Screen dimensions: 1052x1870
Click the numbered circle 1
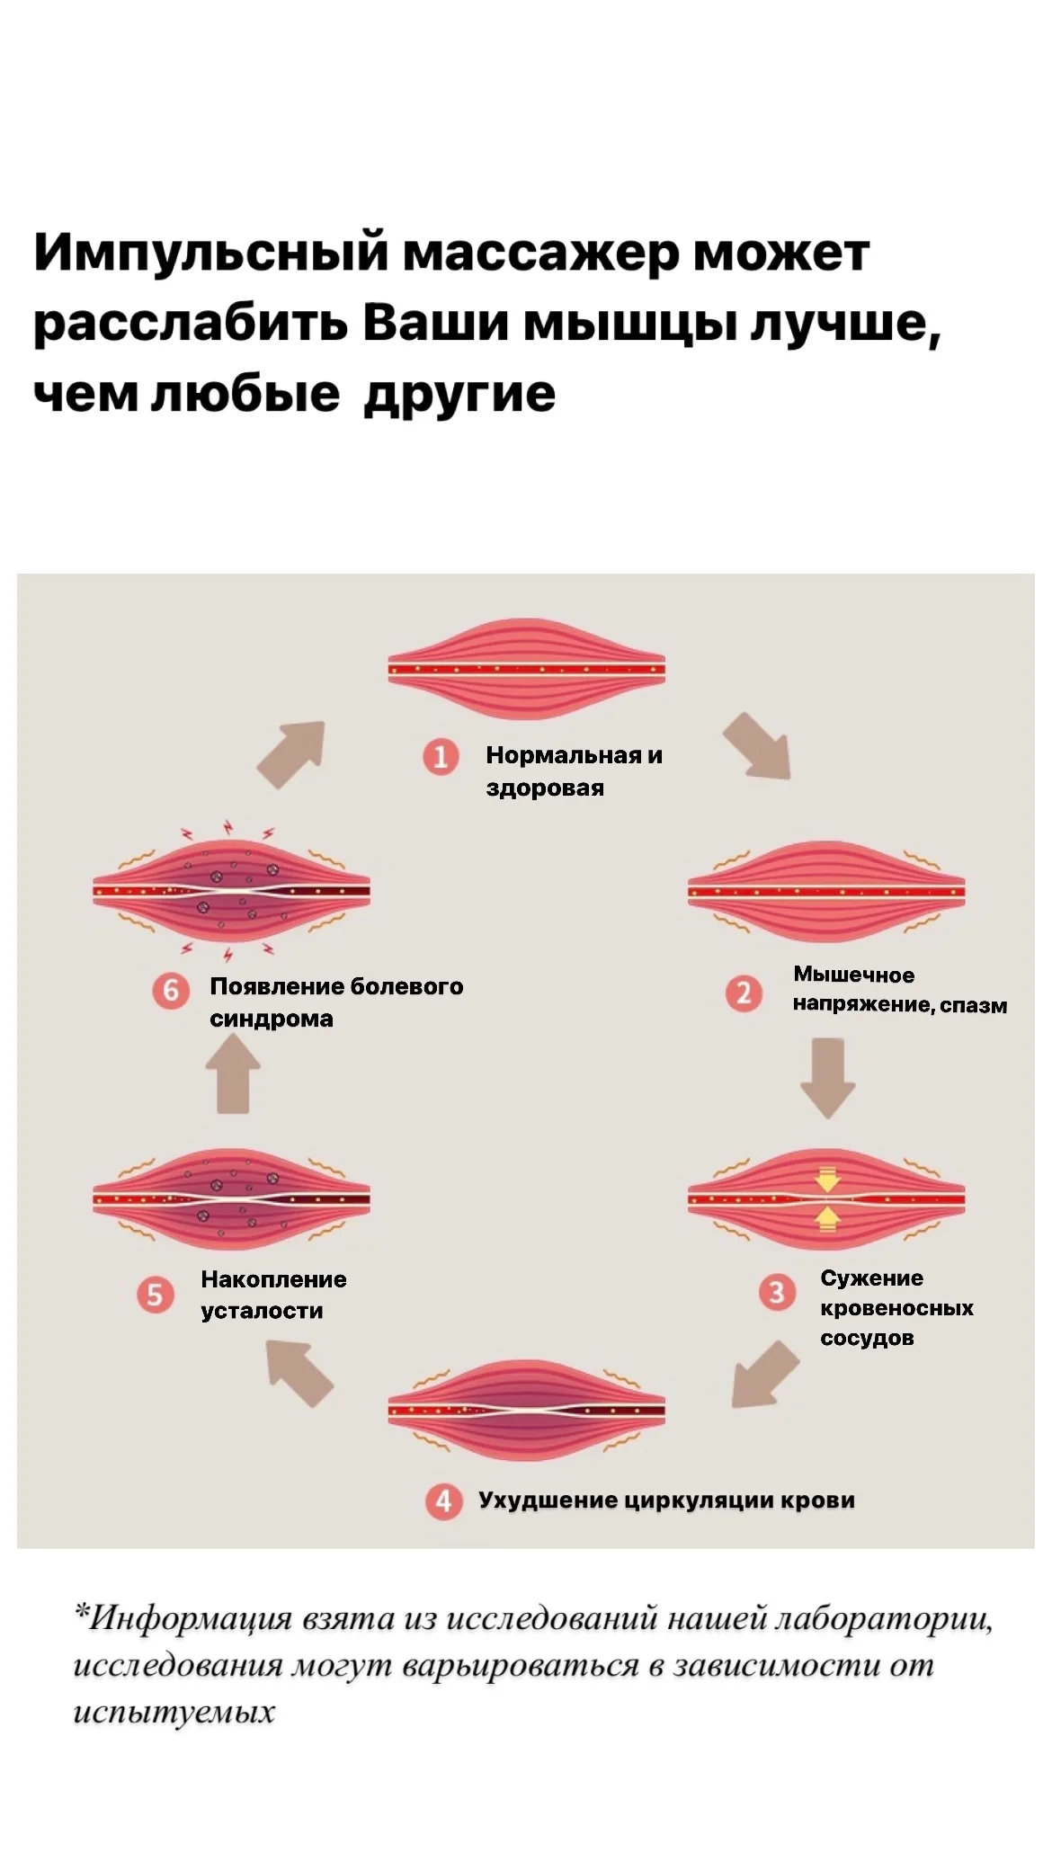(x=441, y=757)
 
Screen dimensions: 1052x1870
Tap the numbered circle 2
(x=744, y=993)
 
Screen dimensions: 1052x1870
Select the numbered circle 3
(x=777, y=1293)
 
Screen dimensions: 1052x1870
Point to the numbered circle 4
(x=443, y=1500)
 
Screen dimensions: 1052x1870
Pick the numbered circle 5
(x=155, y=1295)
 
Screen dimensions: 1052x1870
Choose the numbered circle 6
(x=171, y=991)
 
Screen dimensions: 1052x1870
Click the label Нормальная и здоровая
(x=574, y=771)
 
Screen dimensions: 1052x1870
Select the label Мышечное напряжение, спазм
(x=899, y=990)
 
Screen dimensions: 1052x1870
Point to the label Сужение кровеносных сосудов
(x=896, y=1307)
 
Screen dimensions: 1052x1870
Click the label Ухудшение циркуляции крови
(x=666, y=1500)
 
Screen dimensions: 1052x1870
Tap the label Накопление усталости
(x=273, y=1295)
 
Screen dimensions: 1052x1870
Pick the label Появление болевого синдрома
(x=336, y=1002)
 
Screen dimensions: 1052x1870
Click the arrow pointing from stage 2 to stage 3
(x=827, y=1078)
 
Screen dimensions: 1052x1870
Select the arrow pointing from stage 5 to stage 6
(x=233, y=1073)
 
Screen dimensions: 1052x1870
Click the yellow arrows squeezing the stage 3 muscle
(x=827, y=1198)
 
